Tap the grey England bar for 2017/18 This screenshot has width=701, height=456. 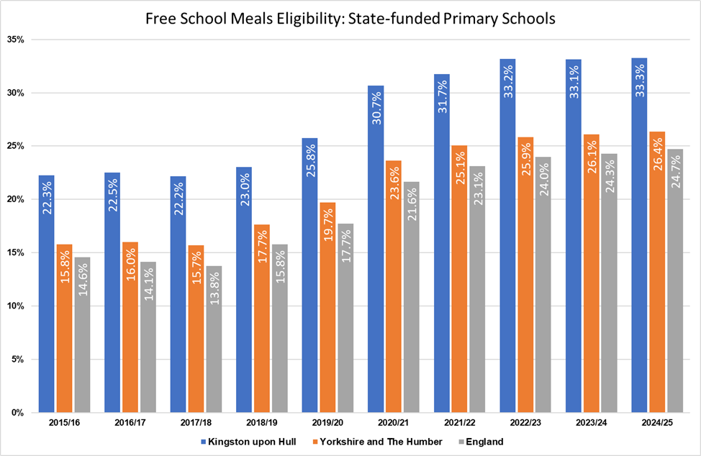(214, 339)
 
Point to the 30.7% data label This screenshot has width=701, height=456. (376, 107)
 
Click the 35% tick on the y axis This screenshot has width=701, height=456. (16, 40)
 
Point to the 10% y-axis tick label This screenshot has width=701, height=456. (16, 306)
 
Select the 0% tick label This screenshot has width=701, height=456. (19, 413)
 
